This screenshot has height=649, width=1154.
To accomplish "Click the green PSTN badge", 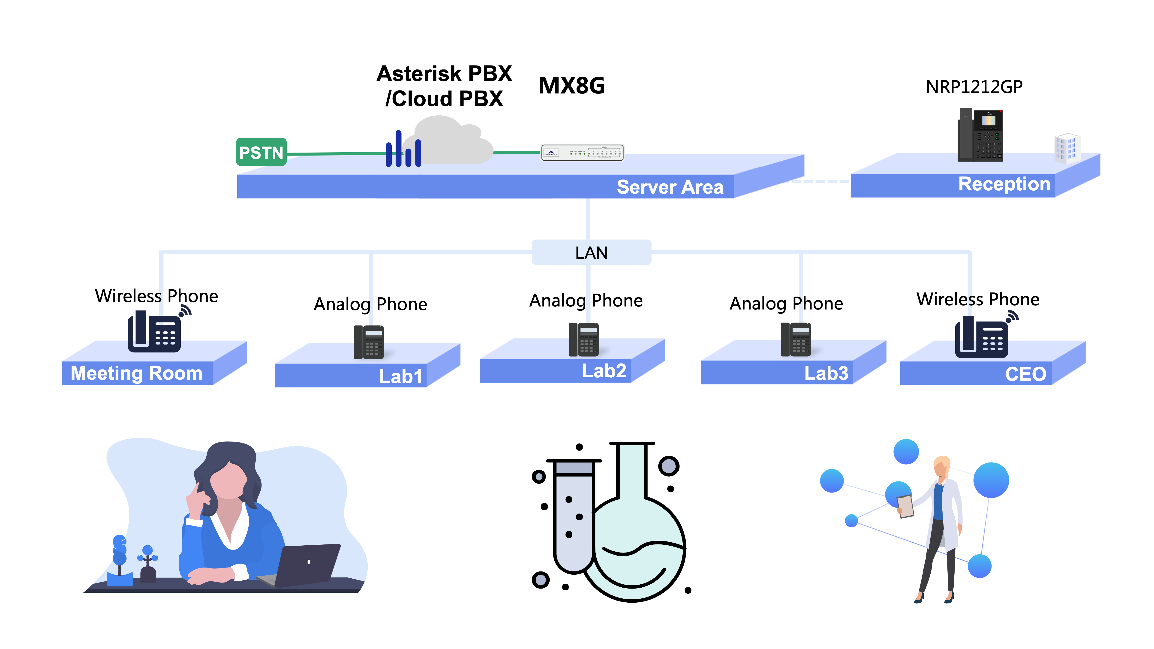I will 261,152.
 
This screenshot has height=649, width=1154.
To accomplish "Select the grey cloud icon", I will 448,141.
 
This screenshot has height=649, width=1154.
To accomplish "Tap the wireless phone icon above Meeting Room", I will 155,331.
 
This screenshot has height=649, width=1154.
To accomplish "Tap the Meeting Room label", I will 137,373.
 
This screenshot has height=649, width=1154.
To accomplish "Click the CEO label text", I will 1025,374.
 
